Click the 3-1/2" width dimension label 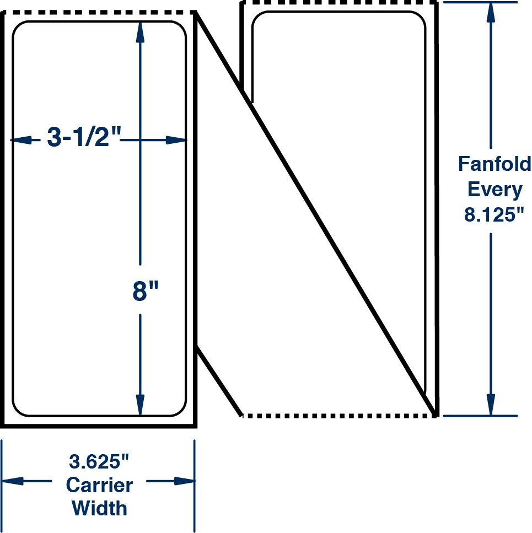[x=83, y=137]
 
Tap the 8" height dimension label [x=146, y=292]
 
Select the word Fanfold [x=495, y=164]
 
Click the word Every [x=495, y=189]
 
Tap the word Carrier [x=99, y=485]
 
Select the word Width [x=99, y=508]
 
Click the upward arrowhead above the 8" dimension [x=140, y=33]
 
